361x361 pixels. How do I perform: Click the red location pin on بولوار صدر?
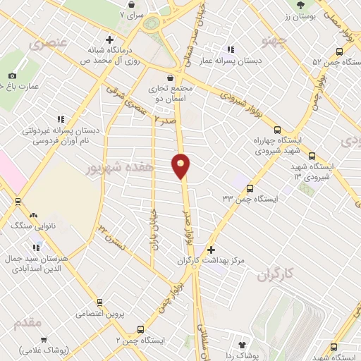click(181, 165)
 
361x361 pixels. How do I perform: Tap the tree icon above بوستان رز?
click(301, 4)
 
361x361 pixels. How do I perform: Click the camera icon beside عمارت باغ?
click(13, 75)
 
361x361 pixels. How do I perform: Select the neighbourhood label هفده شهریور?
click(109, 169)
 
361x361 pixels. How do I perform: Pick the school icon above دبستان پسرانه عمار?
click(231, 50)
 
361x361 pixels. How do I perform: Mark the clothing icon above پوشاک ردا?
click(244, 345)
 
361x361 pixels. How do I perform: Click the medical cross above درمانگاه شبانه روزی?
click(109, 39)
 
